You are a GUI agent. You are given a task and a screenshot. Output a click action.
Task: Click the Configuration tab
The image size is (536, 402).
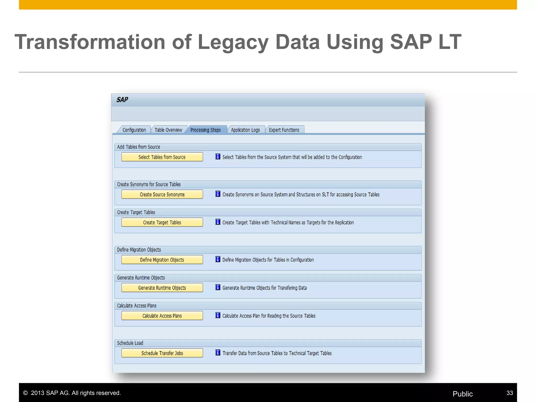(134, 130)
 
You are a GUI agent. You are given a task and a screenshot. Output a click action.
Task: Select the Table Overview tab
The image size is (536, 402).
(168, 130)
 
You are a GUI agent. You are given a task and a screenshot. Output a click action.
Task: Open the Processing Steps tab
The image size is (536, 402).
(205, 130)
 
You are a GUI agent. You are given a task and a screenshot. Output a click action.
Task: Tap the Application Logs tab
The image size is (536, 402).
(245, 130)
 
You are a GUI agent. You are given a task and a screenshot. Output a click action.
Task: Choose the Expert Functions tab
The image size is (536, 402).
(284, 130)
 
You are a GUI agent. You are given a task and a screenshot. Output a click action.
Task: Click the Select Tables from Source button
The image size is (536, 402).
(162, 157)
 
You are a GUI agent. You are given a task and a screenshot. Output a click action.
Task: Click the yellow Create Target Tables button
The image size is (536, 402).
(162, 222)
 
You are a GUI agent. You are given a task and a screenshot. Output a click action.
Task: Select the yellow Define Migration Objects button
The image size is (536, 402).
(162, 260)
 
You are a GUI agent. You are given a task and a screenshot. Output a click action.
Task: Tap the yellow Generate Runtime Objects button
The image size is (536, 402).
(162, 288)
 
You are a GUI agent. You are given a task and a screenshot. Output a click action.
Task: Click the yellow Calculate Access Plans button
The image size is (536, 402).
(162, 316)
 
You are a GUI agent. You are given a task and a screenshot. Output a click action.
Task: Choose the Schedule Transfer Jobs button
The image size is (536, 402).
(162, 353)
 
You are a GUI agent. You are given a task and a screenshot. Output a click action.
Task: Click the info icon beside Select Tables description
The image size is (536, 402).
(218, 157)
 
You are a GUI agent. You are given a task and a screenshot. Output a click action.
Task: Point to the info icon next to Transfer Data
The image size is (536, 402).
(218, 353)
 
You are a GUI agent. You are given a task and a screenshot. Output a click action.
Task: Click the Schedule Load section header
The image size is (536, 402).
(130, 343)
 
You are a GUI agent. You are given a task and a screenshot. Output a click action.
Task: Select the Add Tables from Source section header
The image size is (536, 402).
(138, 147)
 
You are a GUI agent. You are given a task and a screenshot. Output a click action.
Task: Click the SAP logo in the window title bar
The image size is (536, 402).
(122, 100)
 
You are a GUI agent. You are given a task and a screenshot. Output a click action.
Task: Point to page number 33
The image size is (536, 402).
(510, 393)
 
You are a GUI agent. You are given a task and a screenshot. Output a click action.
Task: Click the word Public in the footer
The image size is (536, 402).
(462, 394)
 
